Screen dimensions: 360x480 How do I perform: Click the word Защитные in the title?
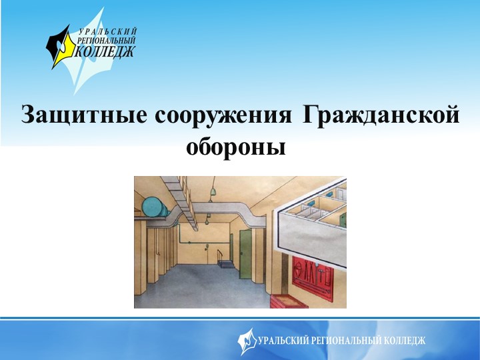pyautogui.click(x=83, y=115)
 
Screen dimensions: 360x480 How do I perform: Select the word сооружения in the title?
pyautogui.click(x=223, y=115)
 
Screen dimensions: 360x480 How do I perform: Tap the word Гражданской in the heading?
pyautogui.click(x=380, y=115)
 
